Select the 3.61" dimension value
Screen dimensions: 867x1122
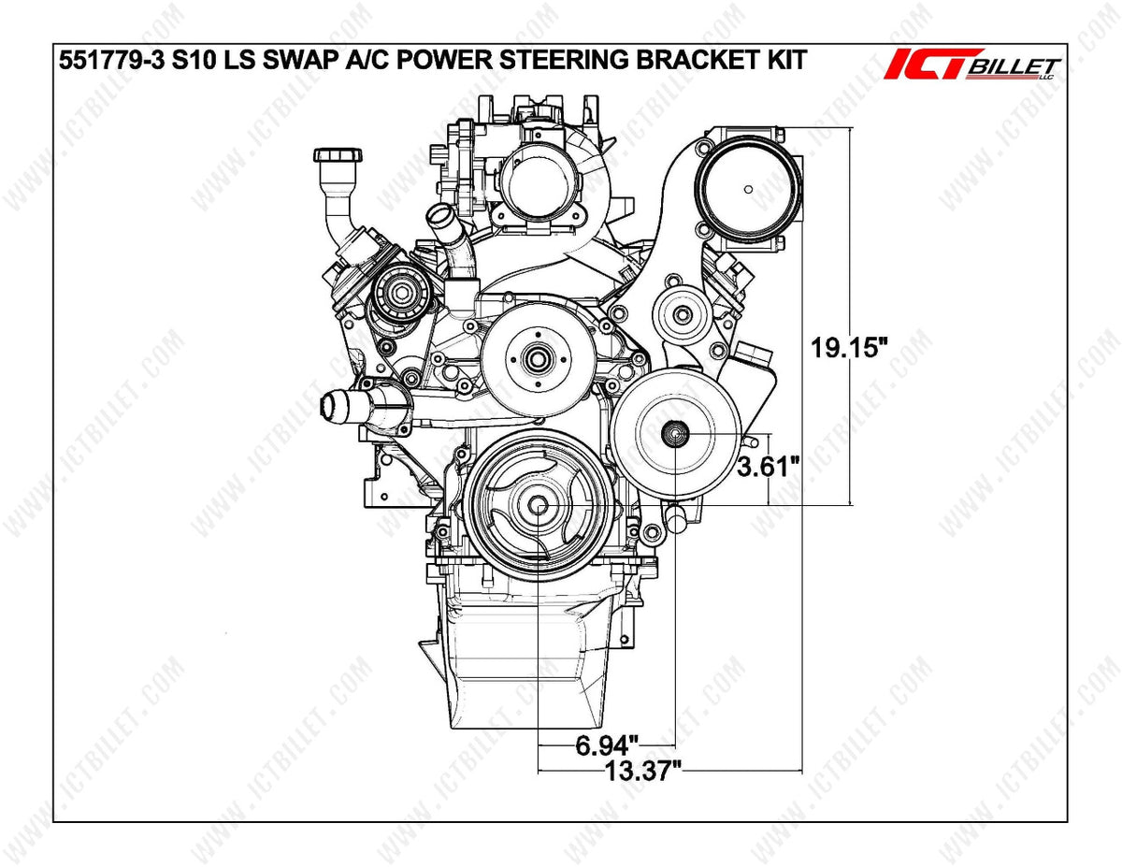coord(769,466)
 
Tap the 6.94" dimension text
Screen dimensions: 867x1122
coord(606,745)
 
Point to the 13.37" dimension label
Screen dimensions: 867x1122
coord(642,771)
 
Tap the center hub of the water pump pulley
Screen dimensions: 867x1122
coord(537,356)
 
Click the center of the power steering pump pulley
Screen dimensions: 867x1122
coord(673,433)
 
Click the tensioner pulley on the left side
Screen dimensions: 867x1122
coord(401,292)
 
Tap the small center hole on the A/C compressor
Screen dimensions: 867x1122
coord(749,190)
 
